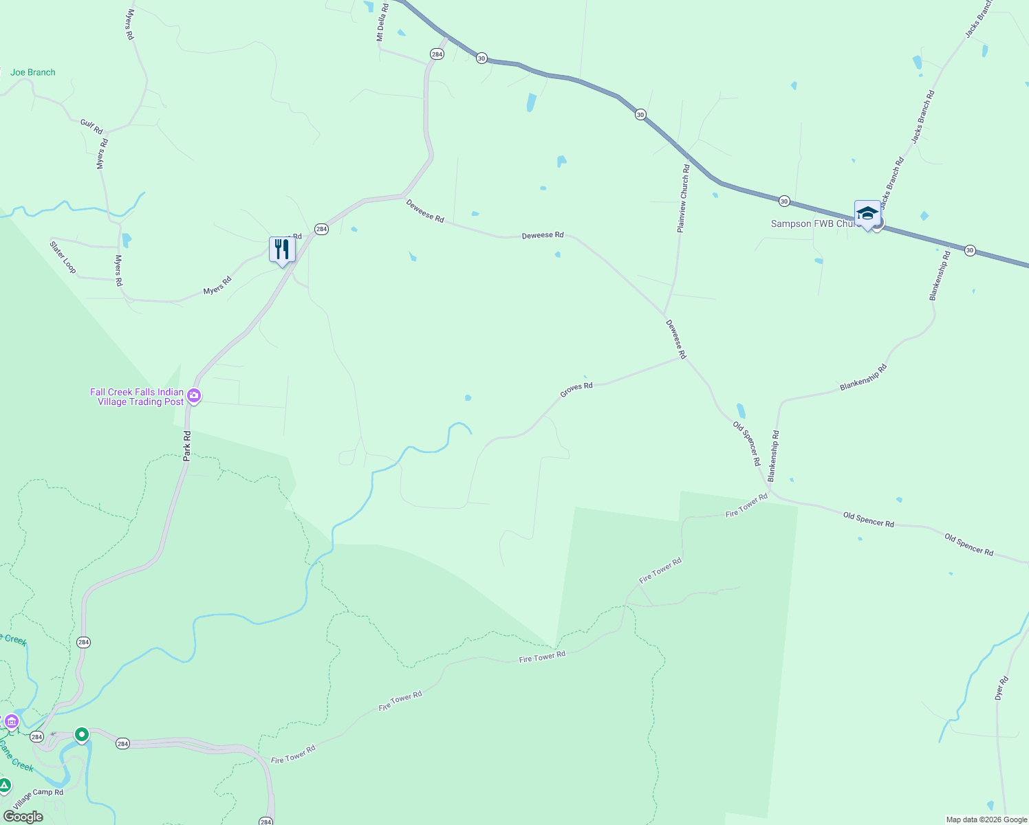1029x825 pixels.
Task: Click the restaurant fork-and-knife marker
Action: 282,250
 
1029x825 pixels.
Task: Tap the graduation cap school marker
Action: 867,213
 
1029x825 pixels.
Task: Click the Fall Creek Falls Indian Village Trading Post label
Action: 138,397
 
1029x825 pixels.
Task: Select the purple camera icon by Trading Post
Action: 194,395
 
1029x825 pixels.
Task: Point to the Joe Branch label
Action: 33,72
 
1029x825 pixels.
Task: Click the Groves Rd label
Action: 576,390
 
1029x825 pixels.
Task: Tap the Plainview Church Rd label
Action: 683,198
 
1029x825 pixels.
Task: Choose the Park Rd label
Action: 187,445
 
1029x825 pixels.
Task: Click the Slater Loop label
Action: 63,256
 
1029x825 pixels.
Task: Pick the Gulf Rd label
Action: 91,126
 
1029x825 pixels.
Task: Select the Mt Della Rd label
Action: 382,22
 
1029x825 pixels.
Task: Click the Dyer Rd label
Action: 1001,688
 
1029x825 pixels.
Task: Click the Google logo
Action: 23,817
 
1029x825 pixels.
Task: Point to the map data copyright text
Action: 986,819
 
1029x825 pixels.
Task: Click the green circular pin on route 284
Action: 82,735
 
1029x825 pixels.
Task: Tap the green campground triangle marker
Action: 4,786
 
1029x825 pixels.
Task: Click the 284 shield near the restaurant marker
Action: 321,229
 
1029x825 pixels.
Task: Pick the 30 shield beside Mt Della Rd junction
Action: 481,58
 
